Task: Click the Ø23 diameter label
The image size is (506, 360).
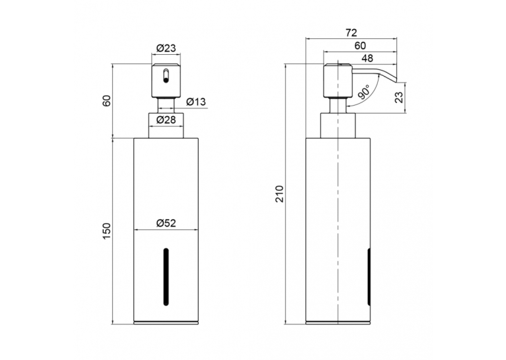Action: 166,48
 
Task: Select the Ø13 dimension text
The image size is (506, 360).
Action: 196,102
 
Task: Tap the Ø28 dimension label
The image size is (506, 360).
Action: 166,120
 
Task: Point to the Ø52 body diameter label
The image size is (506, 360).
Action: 166,223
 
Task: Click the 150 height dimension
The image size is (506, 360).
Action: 108,231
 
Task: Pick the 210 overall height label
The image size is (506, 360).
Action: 279,194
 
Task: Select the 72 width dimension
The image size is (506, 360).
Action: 351,33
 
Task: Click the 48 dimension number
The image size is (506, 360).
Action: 367,58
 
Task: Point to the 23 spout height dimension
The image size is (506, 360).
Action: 399,97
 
